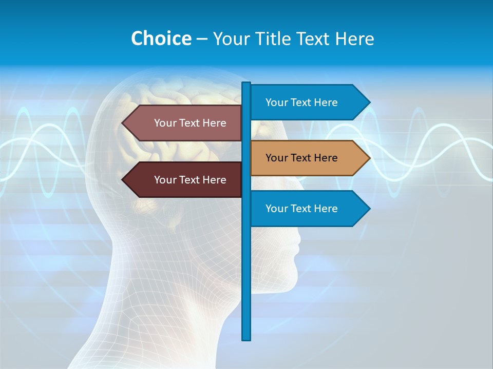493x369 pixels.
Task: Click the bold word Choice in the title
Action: point(161,39)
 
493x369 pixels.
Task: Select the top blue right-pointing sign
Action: point(308,102)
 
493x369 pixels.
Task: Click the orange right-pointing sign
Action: point(308,158)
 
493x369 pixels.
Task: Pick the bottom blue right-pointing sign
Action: point(308,209)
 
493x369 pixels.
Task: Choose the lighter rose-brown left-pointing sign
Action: point(185,123)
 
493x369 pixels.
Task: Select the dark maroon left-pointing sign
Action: point(185,180)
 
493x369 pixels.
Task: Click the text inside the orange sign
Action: point(301,158)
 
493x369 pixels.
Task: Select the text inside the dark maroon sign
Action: point(190,180)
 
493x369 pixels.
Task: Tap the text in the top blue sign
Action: point(301,102)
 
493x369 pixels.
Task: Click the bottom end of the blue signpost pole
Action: point(246,338)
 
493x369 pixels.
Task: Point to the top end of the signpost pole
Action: point(246,84)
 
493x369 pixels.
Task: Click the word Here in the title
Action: point(355,39)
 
